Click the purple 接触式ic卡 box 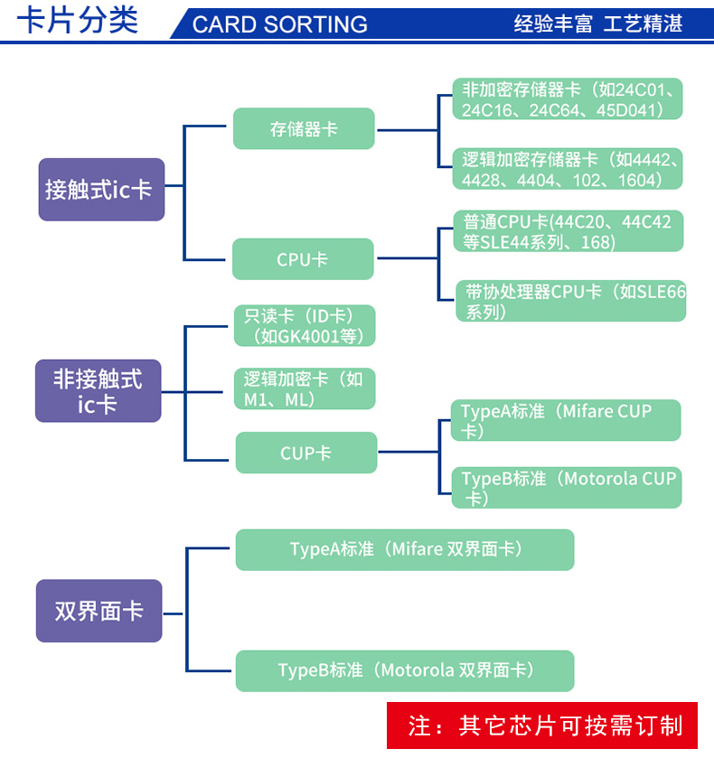(101, 190)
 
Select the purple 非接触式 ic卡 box (98, 390)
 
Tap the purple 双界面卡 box (99, 611)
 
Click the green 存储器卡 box (304, 128)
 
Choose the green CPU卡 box (303, 259)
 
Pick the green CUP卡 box (305, 453)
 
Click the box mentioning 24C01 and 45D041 (567, 99)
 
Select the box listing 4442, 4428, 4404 (567, 170)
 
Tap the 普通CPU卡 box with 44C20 (567, 231)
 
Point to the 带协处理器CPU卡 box (571, 301)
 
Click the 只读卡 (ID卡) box (304, 326)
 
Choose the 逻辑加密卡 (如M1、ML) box (304, 389)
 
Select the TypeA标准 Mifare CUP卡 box (566, 421)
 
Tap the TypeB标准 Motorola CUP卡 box (567, 488)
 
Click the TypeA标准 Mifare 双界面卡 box (404, 549)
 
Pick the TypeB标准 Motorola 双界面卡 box (404, 670)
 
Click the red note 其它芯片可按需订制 (542, 725)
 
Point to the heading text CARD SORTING (280, 24)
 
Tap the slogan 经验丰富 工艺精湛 (597, 23)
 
